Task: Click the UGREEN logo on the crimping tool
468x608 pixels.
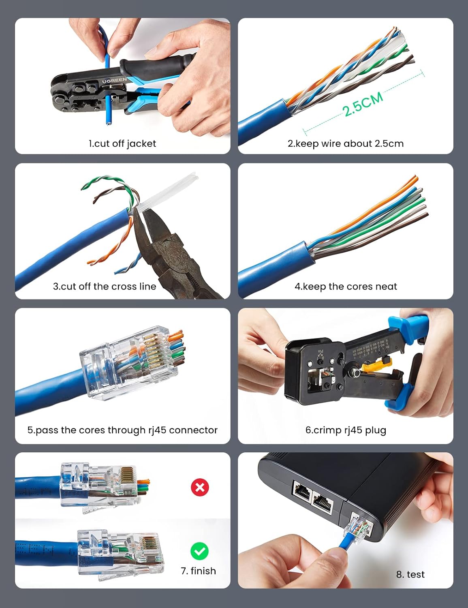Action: click(x=114, y=81)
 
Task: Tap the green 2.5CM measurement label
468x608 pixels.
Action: click(x=363, y=104)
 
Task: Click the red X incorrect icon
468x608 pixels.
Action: click(x=200, y=487)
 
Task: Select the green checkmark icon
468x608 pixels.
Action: click(x=199, y=551)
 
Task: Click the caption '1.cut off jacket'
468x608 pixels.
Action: click(x=122, y=143)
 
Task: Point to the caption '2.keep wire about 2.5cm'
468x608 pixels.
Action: click(x=345, y=143)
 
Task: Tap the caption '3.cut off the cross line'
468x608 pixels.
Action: click(x=105, y=287)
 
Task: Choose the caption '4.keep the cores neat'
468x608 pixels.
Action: click(x=345, y=287)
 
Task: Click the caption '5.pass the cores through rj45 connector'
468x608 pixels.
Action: click(x=122, y=430)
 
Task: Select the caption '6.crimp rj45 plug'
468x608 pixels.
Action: click(x=345, y=430)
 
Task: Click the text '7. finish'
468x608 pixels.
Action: click(x=198, y=571)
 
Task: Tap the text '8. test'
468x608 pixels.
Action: click(x=410, y=574)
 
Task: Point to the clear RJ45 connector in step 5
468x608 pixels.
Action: click(x=130, y=363)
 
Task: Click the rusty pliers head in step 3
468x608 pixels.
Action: click(x=162, y=243)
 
